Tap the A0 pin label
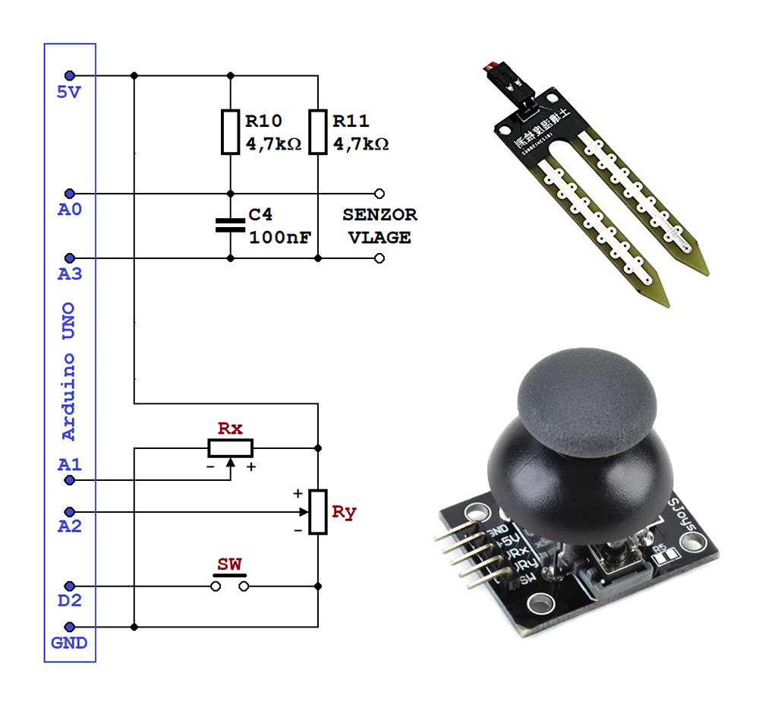pyautogui.click(x=69, y=209)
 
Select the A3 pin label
pyautogui.click(x=69, y=273)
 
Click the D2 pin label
pyautogui.click(x=69, y=602)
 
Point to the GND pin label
pyautogui.click(x=69, y=643)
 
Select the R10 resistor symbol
pyautogui.click(x=231, y=131)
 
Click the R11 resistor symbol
pyautogui.click(x=318, y=131)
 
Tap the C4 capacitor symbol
pyautogui.click(x=231, y=225)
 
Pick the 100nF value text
pyautogui.click(x=279, y=237)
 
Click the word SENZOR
pyautogui.click(x=379, y=215)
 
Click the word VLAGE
pyautogui.click(x=379, y=237)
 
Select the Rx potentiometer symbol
pyautogui.click(x=231, y=447)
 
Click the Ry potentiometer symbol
pyautogui.click(x=318, y=511)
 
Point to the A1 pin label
pyautogui.click(x=69, y=464)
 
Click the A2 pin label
pyautogui.click(x=69, y=526)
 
